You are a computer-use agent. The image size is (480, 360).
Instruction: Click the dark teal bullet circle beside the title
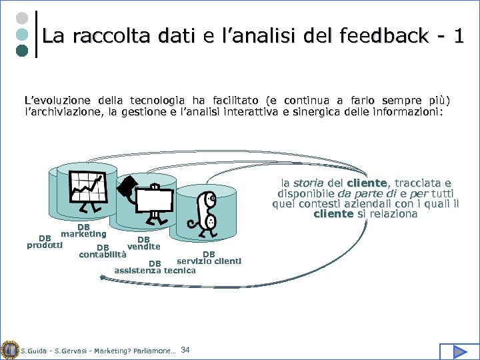(x=22, y=51)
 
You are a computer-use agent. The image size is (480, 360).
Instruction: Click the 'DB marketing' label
(x=83, y=231)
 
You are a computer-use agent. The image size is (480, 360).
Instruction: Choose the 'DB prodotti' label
(x=45, y=241)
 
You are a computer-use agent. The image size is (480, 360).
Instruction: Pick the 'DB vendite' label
(x=143, y=243)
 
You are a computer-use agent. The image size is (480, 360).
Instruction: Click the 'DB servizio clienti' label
(x=209, y=257)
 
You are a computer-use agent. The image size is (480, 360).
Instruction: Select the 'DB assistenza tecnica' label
(x=155, y=267)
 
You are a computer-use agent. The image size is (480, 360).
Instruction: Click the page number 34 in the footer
(x=185, y=350)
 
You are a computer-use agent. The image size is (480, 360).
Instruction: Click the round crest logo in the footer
(x=9, y=349)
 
